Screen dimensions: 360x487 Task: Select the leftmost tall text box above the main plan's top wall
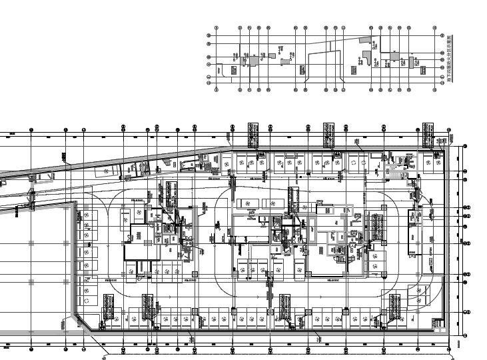(252, 135)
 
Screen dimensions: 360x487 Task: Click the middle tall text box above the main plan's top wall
(328, 135)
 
